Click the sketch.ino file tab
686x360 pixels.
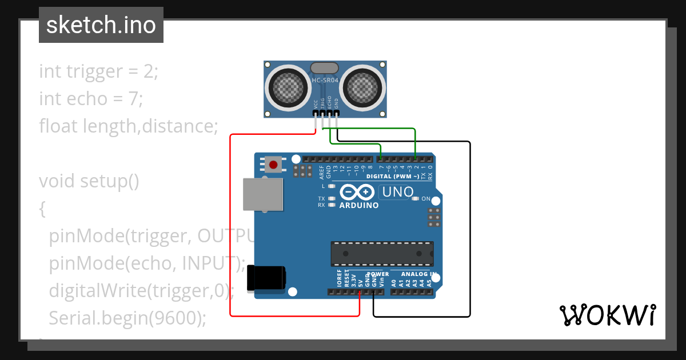pyautogui.click(x=101, y=25)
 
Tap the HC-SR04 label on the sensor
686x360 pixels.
pyautogui.click(x=325, y=81)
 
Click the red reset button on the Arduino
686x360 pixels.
pyautogui.click(x=273, y=165)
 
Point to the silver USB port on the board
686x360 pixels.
pyautogui.click(x=263, y=194)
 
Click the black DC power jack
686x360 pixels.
pyautogui.click(x=266, y=278)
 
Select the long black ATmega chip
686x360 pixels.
pyautogui.click(x=382, y=254)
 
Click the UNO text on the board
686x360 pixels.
pyautogui.click(x=397, y=192)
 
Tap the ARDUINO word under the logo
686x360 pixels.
pyautogui.click(x=358, y=205)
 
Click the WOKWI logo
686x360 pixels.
pyautogui.click(x=607, y=314)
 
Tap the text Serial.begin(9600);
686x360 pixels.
pyautogui.click(x=127, y=318)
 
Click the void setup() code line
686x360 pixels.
pyautogui.click(x=89, y=181)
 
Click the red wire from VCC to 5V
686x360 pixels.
pyautogui.click(x=230, y=229)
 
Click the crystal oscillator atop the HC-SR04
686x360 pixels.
pyautogui.click(x=324, y=68)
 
